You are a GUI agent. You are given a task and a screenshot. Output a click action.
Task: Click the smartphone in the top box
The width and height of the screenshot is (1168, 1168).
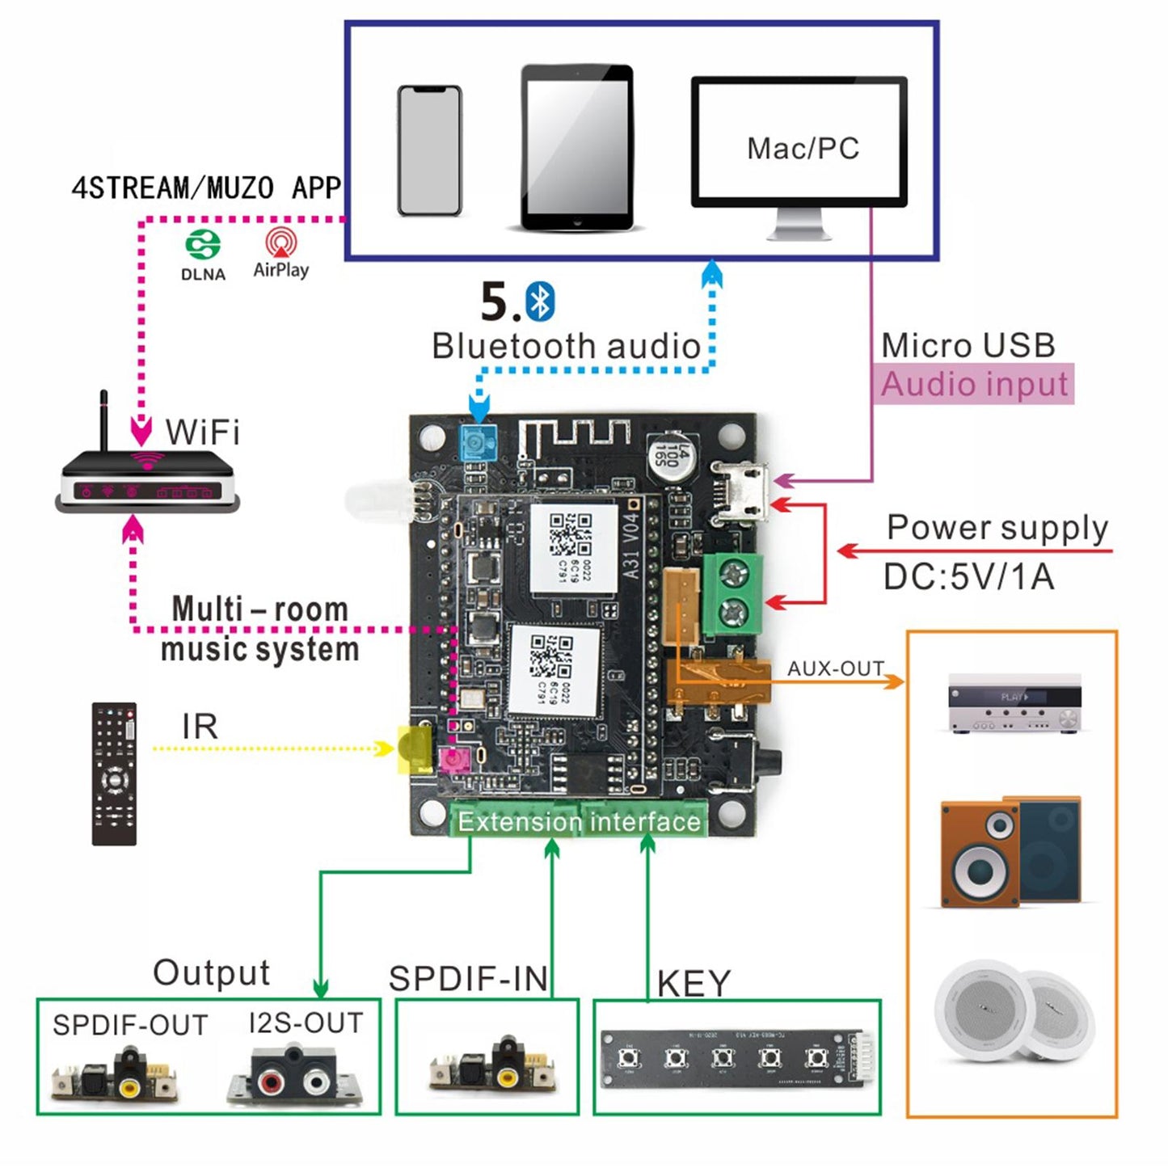[x=429, y=151]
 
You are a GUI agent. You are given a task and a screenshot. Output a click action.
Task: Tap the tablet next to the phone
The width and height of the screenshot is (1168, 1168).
[x=576, y=148]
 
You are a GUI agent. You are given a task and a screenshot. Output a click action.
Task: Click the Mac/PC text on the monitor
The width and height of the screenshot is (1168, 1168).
[x=802, y=149]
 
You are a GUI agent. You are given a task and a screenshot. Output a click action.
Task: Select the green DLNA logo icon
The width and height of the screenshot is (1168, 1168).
[x=202, y=244]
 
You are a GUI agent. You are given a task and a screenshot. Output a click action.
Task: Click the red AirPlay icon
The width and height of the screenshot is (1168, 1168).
[x=280, y=242]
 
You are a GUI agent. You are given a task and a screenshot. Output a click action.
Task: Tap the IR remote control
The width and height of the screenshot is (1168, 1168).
[x=114, y=774]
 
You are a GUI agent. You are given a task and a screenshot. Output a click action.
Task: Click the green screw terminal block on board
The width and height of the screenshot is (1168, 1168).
[x=732, y=593]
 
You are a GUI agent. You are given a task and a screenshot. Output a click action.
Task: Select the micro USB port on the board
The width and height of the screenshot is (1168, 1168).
[x=740, y=493]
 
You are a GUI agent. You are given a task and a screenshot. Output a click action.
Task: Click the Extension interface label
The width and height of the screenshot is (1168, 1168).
[x=579, y=821]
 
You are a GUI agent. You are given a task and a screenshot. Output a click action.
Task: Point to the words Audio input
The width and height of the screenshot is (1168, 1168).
[x=974, y=384]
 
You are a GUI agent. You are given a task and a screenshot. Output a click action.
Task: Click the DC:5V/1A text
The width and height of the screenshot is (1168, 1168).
[x=968, y=577]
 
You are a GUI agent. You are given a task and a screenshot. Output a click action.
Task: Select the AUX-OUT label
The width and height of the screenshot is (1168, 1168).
[x=835, y=668]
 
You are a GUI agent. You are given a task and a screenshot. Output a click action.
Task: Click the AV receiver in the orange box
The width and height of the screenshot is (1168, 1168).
[x=1014, y=704]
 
